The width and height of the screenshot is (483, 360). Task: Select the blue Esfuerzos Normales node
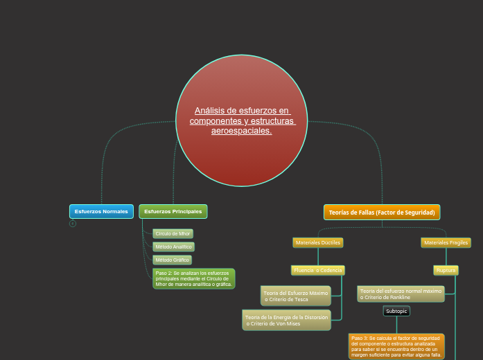[x=101, y=211]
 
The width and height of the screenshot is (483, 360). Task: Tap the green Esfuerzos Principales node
[x=173, y=211]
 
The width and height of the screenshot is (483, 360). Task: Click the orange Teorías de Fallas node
[x=382, y=212]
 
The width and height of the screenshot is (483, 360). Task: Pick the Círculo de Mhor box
[x=173, y=233]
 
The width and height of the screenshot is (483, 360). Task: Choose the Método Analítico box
[x=173, y=246]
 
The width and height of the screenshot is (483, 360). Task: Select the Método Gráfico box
[x=172, y=260]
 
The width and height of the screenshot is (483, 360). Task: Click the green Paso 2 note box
[x=194, y=278]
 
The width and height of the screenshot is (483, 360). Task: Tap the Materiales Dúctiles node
[x=318, y=242]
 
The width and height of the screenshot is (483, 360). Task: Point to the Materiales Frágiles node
[x=446, y=243]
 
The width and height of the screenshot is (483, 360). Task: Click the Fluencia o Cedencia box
[x=318, y=270]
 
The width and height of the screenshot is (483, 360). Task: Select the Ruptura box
[x=446, y=270]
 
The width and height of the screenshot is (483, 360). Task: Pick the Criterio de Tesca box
[x=296, y=296]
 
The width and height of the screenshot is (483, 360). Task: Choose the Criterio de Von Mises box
[x=286, y=320]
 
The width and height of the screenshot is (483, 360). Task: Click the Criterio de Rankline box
[x=401, y=294]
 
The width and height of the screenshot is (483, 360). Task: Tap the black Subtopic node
[x=396, y=312]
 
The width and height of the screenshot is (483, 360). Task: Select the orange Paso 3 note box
[x=396, y=346]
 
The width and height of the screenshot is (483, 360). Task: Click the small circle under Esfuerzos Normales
[x=73, y=224]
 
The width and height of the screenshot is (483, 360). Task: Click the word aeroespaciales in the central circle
[x=241, y=131]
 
